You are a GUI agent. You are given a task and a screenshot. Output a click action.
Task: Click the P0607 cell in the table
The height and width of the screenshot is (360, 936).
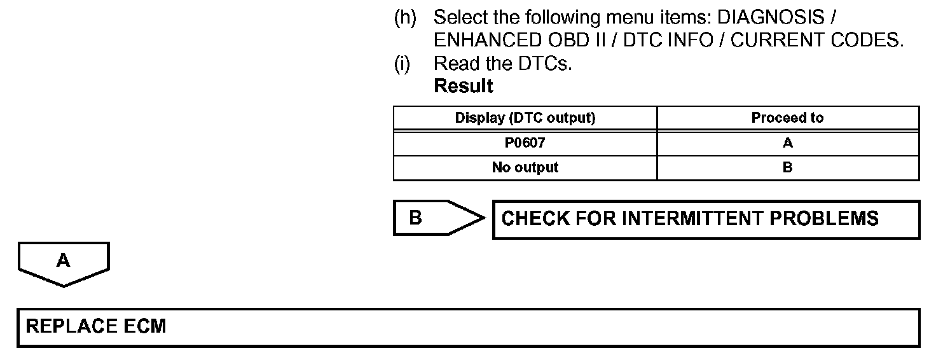[525, 143]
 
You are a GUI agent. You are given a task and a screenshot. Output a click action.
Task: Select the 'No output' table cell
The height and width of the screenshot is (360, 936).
[525, 168]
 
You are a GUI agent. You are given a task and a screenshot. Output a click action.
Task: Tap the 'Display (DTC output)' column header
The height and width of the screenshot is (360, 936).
[525, 118]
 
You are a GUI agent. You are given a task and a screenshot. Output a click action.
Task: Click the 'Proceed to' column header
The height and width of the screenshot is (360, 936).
[787, 118]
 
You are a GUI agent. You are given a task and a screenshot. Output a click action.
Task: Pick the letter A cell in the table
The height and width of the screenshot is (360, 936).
[788, 143]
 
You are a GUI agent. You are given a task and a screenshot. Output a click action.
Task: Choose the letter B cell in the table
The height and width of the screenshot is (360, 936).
[788, 168]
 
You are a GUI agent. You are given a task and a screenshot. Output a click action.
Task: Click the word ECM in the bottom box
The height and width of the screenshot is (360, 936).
[145, 327]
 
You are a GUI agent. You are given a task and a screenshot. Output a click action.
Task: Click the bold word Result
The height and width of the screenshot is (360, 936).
[463, 86]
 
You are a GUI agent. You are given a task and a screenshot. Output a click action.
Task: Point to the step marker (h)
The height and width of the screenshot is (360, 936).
[405, 17]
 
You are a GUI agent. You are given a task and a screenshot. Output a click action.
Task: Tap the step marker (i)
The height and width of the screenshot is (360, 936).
[402, 64]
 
